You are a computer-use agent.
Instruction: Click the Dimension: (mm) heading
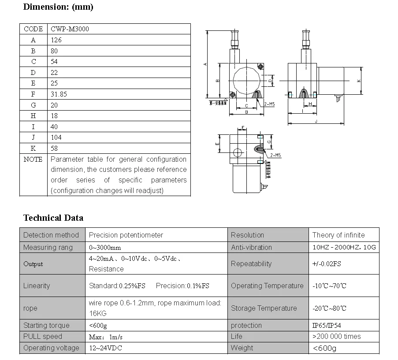click(58, 7)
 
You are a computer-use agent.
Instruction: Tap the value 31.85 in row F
click(59, 94)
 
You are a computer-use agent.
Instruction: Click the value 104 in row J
click(56, 137)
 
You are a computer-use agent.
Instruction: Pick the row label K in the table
click(33, 148)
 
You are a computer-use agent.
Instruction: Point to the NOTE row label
click(33, 159)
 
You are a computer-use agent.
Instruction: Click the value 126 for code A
click(56, 40)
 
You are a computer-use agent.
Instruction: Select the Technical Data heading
click(53, 218)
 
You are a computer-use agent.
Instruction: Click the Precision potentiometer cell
click(126, 235)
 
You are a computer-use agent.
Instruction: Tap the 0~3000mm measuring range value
click(105, 247)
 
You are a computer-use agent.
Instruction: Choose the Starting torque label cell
click(46, 325)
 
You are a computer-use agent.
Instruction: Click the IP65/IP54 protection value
click(327, 326)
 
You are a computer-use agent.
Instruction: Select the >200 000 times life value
click(337, 336)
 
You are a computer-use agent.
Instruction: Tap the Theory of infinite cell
click(338, 235)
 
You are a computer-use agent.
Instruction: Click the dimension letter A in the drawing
click(205, 64)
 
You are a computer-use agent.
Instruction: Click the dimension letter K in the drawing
click(359, 81)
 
